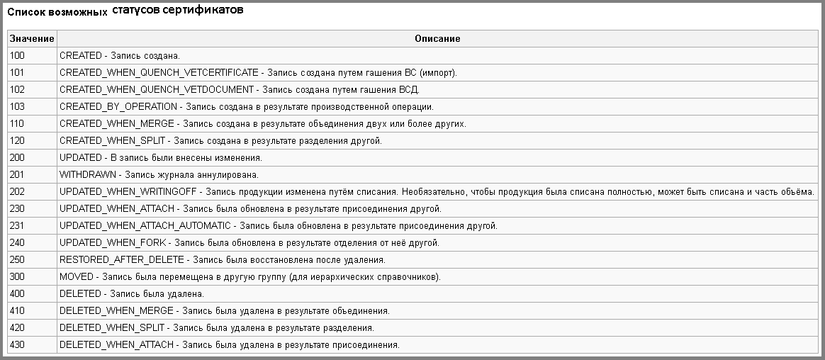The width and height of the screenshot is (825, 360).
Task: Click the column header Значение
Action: pyautogui.click(x=32, y=39)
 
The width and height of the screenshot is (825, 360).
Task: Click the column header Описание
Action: pyautogui.click(x=437, y=39)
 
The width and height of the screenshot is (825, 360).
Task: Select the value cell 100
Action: pyautogui.click(x=18, y=55)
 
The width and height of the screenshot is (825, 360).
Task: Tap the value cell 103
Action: pyautogui.click(x=18, y=106)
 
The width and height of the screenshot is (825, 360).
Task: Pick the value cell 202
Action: pyautogui.click(x=18, y=192)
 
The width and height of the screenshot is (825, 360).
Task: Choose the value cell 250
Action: pyautogui.click(x=18, y=260)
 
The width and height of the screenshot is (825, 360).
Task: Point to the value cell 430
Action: pyautogui.click(x=18, y=345)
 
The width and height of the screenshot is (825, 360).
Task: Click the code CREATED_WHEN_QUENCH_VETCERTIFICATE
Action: pyautogui.click(x=159, y=72)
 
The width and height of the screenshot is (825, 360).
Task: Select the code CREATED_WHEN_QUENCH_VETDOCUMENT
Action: pyautogui.click(x=156, y=89)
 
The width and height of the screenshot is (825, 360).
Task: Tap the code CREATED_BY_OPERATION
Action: pyautogui.click(x=118, y=106)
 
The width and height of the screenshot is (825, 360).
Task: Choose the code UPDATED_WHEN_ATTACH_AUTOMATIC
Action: pyautogui.click(x=145, y=226)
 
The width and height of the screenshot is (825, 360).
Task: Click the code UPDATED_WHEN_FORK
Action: pyautogui.click(x=113, y=243)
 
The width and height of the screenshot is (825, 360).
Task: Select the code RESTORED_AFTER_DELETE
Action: pyautogui.click(x=121, y=260)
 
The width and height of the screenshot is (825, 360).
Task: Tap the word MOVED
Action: pyautogui.click(x=77, y=277)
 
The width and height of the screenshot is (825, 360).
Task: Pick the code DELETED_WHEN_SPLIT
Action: pyautogui.click(x=112, y=328)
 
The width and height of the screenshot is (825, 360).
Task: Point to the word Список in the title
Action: pyautogui.click(x=25, y=13)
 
